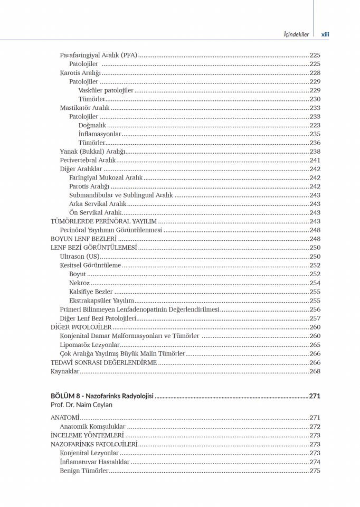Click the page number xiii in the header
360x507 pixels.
325,35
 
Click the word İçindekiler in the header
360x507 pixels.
296,35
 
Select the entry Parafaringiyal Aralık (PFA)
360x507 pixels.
99,55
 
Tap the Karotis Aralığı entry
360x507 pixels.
80,73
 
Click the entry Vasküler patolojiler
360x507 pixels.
106,90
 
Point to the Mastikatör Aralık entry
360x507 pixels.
84,108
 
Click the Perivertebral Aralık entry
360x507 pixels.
88,160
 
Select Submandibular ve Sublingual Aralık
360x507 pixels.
121,195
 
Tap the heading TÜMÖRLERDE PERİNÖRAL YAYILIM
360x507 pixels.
103,221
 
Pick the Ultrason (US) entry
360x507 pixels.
80,256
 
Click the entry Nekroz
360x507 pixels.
79,283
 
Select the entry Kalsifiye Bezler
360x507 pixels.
91,292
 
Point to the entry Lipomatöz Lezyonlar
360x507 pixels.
90,345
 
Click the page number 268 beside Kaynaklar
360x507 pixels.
315,371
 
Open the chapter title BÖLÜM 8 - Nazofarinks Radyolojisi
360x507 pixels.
102,396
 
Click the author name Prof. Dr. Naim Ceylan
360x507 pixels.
81,405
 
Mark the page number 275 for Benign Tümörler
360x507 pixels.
315,471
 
